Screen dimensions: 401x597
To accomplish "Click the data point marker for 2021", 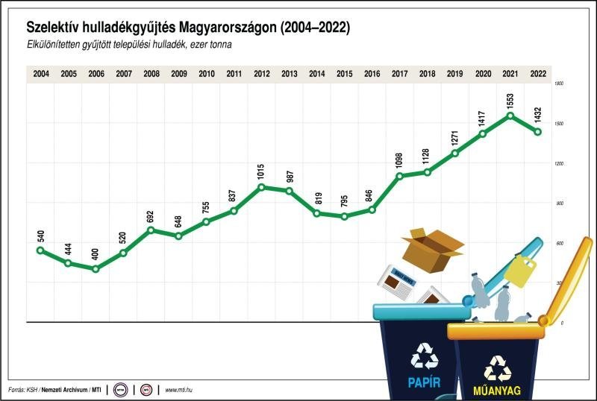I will click(x=510, y=116).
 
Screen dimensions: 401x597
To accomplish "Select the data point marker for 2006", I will click(x=96, y=268).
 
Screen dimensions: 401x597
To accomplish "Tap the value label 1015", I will click(x=262, y=168).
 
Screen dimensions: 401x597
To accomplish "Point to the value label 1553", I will click(x=510, y=94).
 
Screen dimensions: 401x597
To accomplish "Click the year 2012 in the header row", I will click(x=262, y=74).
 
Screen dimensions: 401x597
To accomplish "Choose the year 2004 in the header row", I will click(x=41, y=74).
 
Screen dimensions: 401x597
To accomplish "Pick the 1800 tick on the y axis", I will click(x=558, y=84).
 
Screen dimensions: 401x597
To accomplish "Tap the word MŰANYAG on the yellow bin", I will click(x=497, y=390).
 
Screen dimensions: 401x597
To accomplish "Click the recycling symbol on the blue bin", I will click(x=425, y=356).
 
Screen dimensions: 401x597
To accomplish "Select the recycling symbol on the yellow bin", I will click(x=497, y=367).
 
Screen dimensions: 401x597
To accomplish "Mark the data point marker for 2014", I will click(x=317, y=213).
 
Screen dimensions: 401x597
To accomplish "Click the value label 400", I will click(x=96, y=251).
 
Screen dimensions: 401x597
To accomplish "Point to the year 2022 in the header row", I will click(x=537, y=74).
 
